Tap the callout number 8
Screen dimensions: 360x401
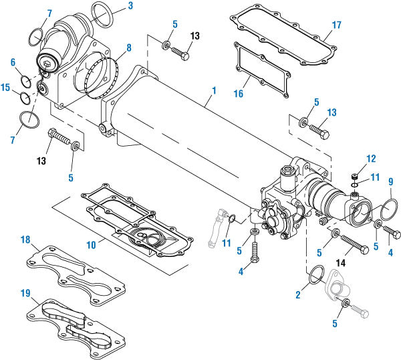click(x=129, y=49)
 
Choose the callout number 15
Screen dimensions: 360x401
click(x=6, y=88)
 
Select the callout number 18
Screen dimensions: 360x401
click(x=25, y=239)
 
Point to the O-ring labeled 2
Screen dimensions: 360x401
click(x=319, y=275)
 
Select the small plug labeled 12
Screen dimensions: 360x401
click(x=355, y=176)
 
